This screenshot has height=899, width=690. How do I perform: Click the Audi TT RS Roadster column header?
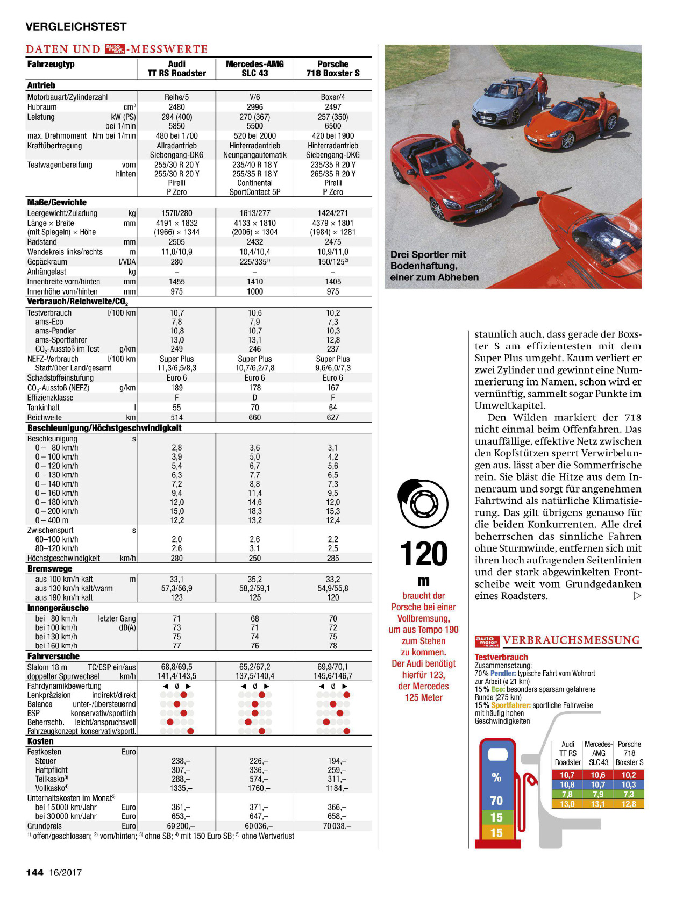click(x=176, y=69)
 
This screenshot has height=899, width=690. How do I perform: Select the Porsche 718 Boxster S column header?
click(x=333, y=69)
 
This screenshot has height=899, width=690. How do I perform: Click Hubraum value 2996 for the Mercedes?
click(x=255, y=107)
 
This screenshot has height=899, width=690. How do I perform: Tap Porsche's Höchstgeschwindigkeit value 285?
click(x=333, y=558)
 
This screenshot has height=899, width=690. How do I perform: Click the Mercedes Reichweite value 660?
click(x=255, y=417)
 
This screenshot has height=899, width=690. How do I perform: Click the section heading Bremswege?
click(x=49, y=569)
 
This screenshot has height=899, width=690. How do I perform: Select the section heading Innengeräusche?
click(x=58, y=608)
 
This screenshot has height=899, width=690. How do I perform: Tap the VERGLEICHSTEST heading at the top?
click(x=76, y=26)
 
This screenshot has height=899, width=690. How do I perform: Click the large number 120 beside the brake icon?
click(x=424, y=554)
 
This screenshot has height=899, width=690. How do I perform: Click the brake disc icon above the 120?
click(x=423, y=503)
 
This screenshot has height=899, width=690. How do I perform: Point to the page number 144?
click(x=35, y=872)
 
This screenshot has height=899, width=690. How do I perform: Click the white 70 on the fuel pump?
click(x=496, y=801)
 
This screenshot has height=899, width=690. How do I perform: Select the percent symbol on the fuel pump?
click(x=496, y=777)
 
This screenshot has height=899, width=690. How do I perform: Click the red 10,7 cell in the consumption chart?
click(x=567, y=775)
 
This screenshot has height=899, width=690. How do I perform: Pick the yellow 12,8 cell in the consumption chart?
click(x=629, y=804)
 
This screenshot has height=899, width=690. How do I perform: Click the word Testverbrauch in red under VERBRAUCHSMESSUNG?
click(x=501, y=657)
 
